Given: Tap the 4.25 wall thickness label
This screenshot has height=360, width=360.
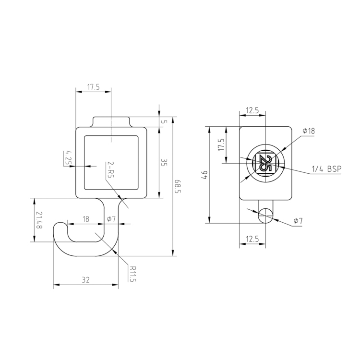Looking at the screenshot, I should pyautogui.click(x=68, y=158).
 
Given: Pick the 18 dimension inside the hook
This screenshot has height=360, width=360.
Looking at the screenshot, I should pyautogui.click(x=86, y=219).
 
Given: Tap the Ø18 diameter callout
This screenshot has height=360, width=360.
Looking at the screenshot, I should pyautogui.click(x=308, y=131).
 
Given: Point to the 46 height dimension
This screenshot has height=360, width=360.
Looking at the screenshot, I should pyautogui.click(x=204, y=175).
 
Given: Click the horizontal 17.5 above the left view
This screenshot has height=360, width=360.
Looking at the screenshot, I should pyautogui.click(x=93, y=87).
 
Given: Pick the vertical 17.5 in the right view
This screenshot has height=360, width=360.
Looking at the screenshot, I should pyautogui.click(x=221, y=144).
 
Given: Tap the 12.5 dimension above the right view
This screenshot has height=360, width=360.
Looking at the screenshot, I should pyautogui.click(x=252, y=111).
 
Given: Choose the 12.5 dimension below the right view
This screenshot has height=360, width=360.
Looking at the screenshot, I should pyautogui.click(x=252, y=239).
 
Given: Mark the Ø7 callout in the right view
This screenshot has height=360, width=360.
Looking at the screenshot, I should pyautogui.click(x=298, y=221).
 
